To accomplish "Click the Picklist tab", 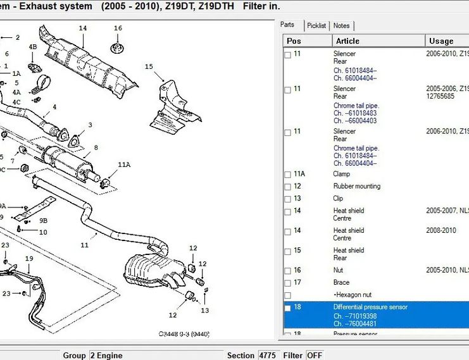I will click(316, 25).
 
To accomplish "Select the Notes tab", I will click(341, 25).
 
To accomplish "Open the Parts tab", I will click(288, 25).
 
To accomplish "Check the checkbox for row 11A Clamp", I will click(288, 174).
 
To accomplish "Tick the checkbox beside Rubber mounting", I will click(288, 187).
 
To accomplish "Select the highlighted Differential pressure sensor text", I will click(370, 307).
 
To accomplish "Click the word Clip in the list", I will click(339, 199).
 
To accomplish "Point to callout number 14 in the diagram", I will click(83, 28).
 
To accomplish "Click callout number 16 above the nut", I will click(118, 28).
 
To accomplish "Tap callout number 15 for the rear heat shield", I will click(149, 66).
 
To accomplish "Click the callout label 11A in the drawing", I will click(123, 164).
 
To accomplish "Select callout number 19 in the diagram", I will click(28, 258).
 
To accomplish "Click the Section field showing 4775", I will click(267, 355).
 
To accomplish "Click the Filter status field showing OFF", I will click(315, 355).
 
